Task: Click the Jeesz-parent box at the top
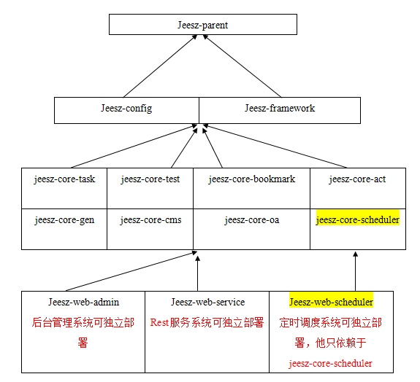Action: [202, 25]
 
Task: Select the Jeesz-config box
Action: [126, 109]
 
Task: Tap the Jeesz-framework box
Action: [280, 109]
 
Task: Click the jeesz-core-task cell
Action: [64, 179]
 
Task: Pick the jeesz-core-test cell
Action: [150, 179]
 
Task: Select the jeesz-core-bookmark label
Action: [251, 179]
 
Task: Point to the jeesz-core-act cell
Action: [357, 179]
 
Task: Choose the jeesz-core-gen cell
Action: [64, 219]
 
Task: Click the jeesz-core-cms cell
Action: [150, 219]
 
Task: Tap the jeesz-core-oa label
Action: [251, 219]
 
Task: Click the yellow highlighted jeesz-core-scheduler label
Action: [357, 219]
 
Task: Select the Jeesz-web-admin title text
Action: [83, 302]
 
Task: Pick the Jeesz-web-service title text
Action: [207, 302]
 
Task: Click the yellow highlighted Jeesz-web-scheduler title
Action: [331, 302]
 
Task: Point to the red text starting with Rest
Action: [207, 322]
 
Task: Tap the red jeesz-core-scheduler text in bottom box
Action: [331, 363]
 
